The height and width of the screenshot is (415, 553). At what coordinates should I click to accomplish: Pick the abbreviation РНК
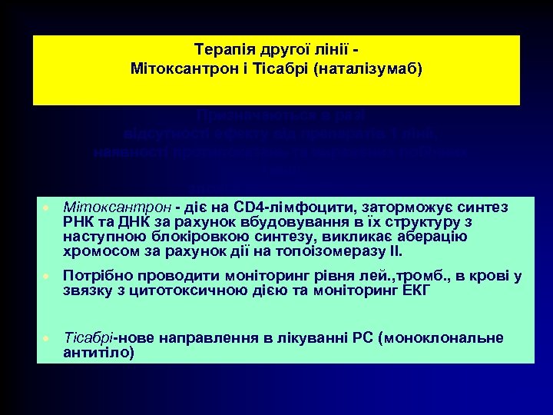click(76, 221)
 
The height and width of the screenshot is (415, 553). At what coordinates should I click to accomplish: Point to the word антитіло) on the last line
click(98, 353)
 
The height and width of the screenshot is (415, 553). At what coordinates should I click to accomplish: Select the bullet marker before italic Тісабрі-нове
click(46, 339)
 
